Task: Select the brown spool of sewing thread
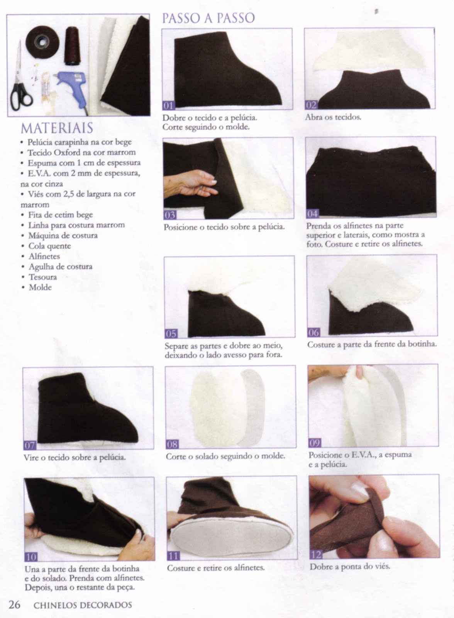(x=72, y=46)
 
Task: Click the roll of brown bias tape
(x=42, y=42)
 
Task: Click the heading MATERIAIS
(x=57, y=128)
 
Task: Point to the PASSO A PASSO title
(x=208, y=18)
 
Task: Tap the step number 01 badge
(x=168, y=105)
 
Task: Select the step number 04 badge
(x=313, y=214)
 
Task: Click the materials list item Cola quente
(x=50, y=246)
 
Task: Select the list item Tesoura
(x=43, y=277)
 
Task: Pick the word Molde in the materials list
(x=40, y=287)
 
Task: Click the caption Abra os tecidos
(x=333, y=117)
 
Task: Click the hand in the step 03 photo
(x=190, y=183)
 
